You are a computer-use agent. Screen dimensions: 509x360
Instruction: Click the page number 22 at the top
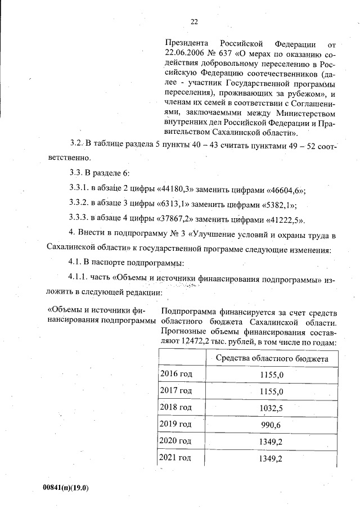point(194,22)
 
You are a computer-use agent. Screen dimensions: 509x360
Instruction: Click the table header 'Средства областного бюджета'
point(272,358)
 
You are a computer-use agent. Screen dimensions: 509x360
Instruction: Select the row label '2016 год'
point(176,374)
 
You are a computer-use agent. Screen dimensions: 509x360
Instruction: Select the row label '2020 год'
point(176,440)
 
